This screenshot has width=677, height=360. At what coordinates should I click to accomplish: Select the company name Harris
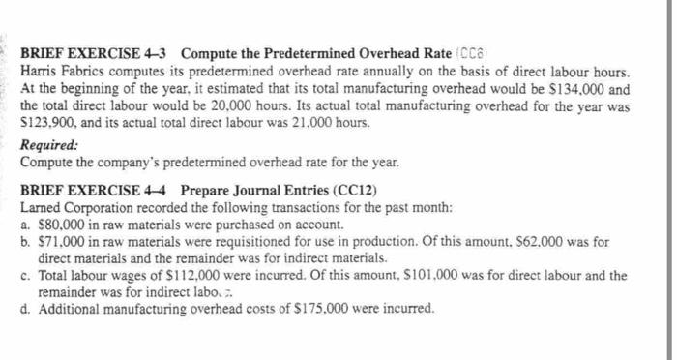tap(40, 72)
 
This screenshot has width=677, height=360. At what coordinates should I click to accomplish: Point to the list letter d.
tap(24, 310)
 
